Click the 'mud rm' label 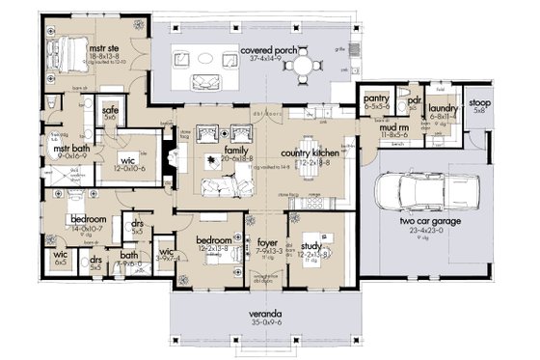pyautogui.click(x=392, y=127)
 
